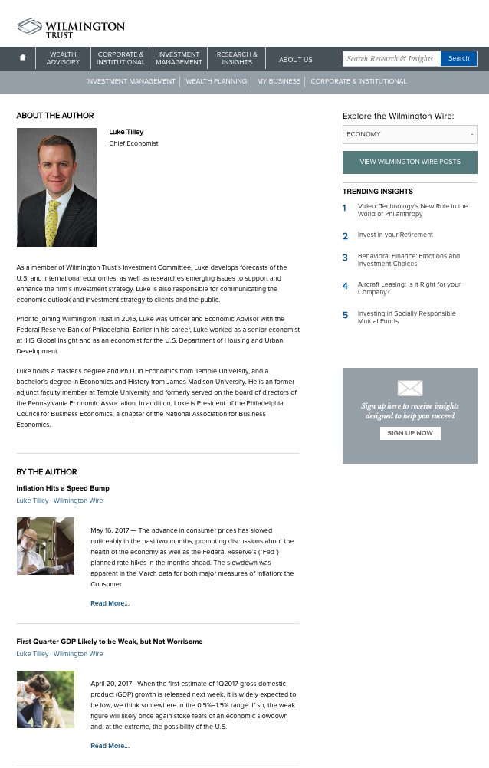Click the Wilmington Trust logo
tap(71, 28)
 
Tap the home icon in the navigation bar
tap(23, 58)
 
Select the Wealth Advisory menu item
tap(63, 58)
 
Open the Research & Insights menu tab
tap(237, 58)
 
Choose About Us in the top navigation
tap(295, 59)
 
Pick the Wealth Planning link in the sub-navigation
tap(216, 81)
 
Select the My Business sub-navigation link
tap(278, 81)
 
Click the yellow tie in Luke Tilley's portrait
tap(52, 222)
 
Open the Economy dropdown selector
tap(409, 134)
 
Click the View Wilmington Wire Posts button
tap(409, 162)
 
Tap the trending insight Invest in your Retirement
tap(395, 235)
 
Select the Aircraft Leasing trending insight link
tap(409, 288)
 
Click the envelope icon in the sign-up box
tap(409, 388)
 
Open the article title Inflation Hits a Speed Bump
tap(63, 488)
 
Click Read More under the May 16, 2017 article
tap(110, 603)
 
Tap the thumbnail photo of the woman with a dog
tap(45, 699)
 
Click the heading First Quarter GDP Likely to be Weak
tap(110, 642)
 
